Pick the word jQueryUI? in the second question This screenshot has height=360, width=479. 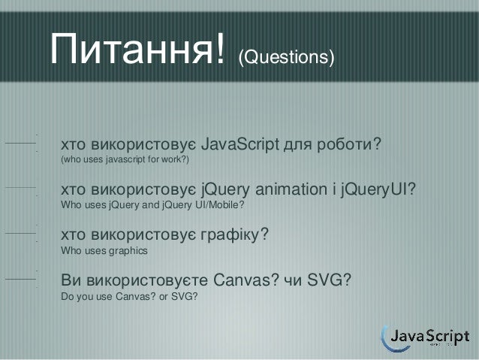(x=378, y=189)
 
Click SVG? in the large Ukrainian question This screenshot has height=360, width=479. (x=330, y=281)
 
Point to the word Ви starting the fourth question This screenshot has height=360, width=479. (x=71, y=281)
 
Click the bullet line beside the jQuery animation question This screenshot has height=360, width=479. (x=20, y=188)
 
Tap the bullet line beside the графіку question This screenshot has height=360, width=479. (x=20, y=234)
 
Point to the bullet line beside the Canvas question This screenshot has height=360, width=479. (x=20, y=279)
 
